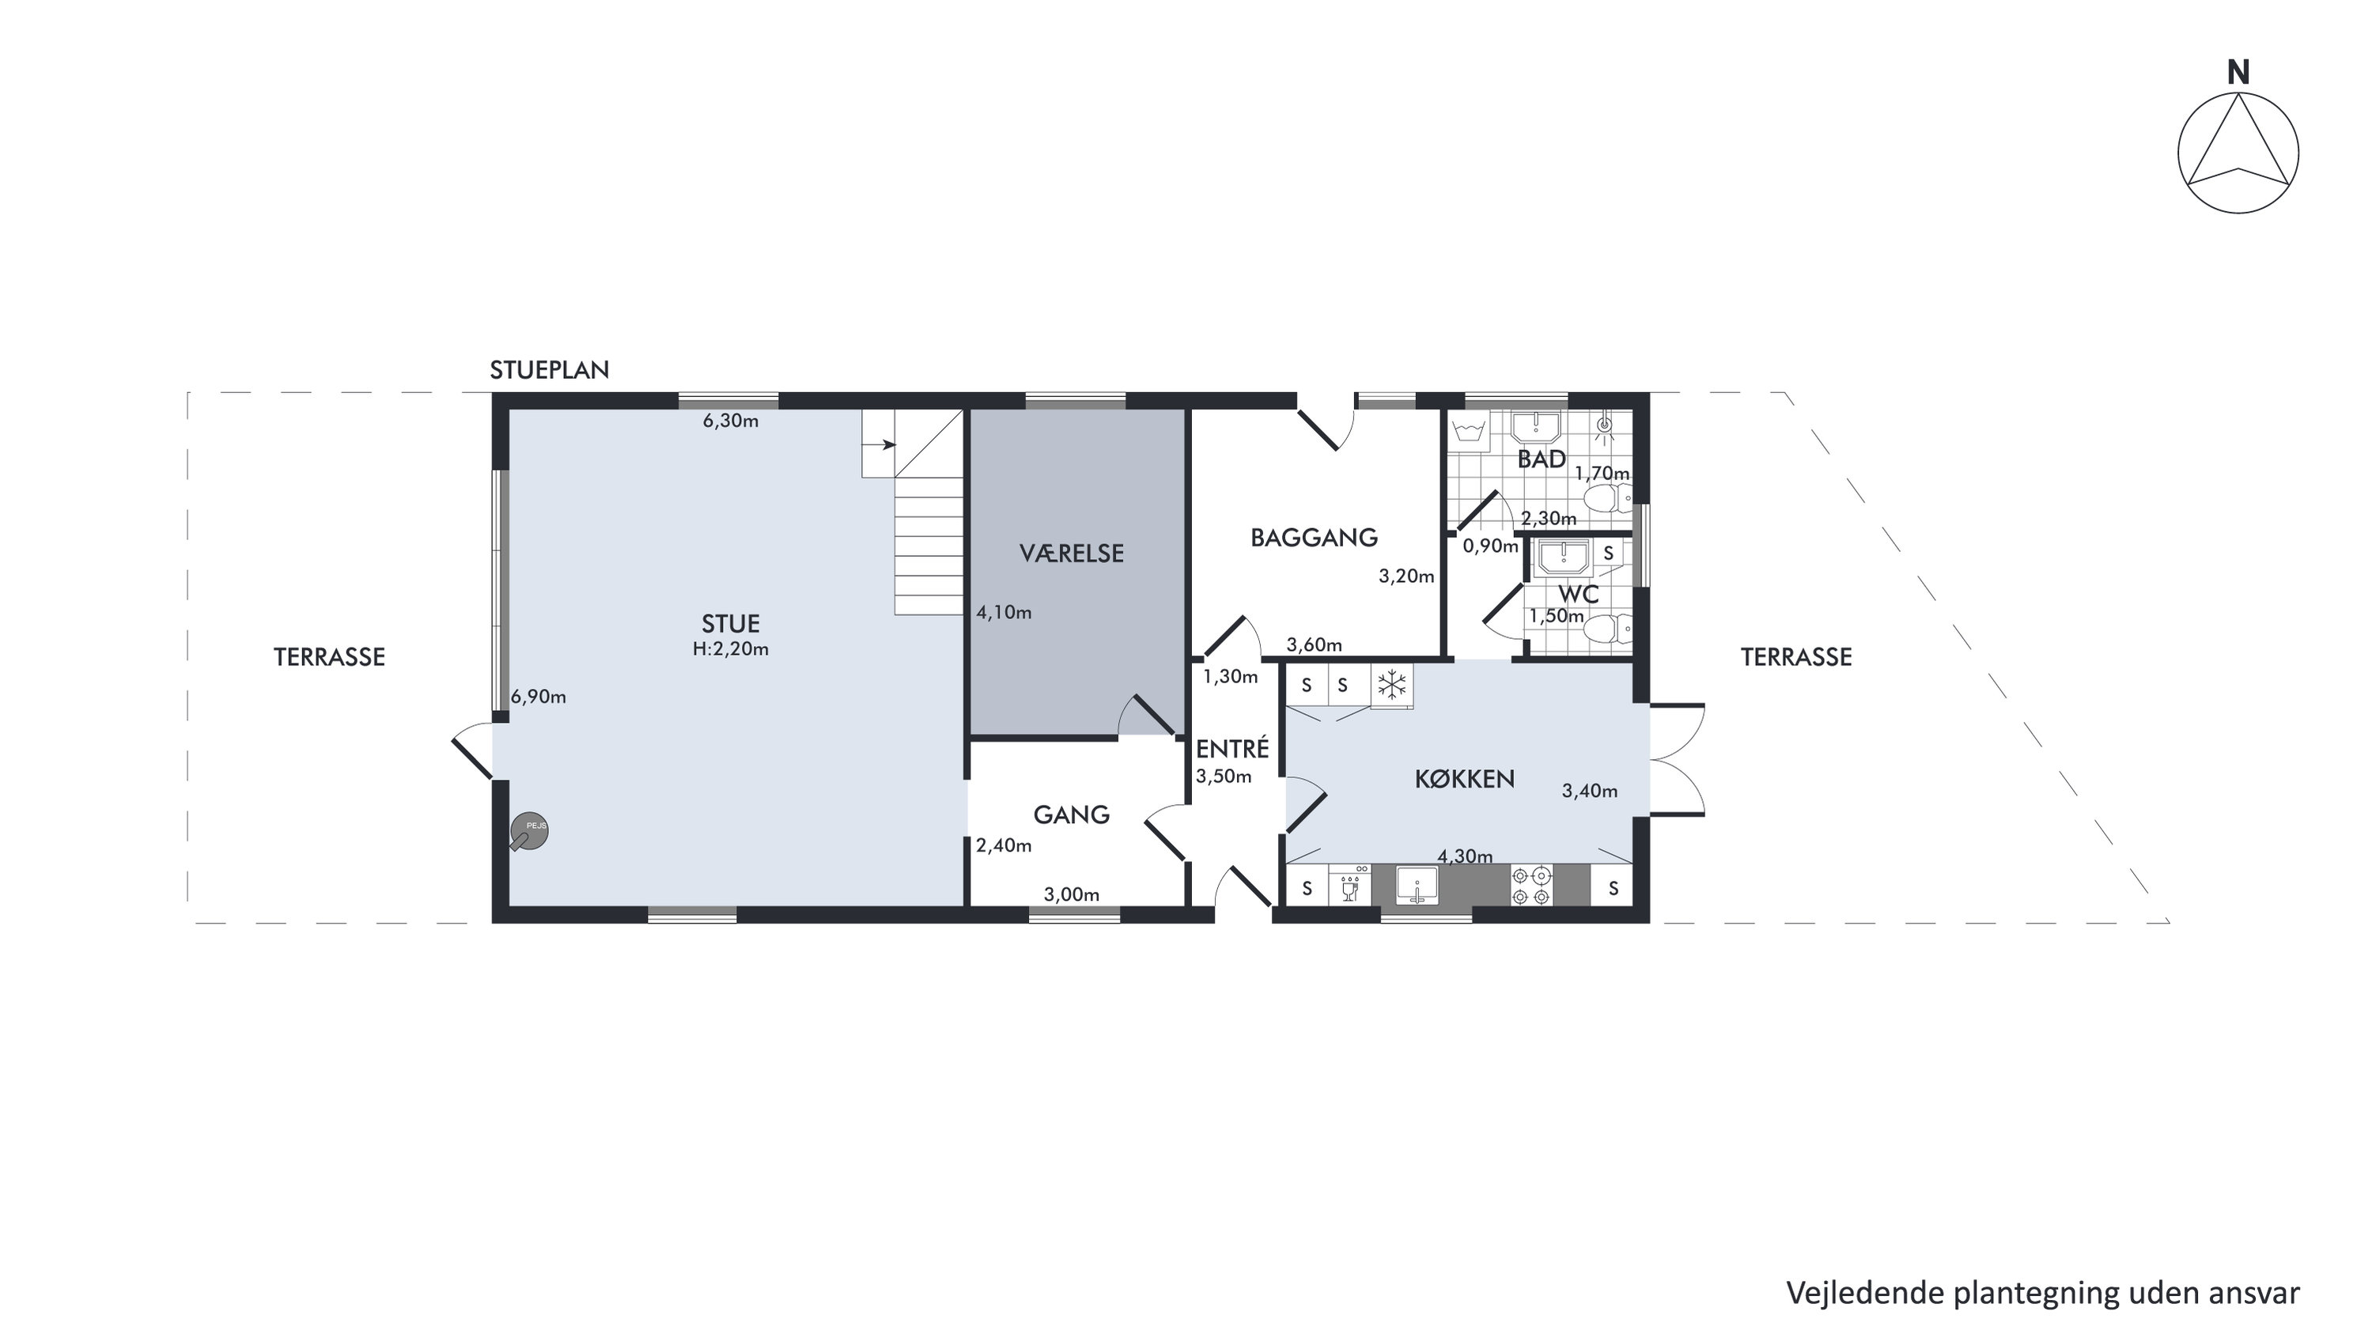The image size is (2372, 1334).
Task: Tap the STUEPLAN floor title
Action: coord(549,370)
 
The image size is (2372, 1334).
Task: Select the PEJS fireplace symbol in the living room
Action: coord(529,831)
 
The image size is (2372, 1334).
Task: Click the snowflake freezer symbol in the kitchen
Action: coord(1391,685)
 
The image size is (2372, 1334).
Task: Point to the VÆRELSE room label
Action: coord(1072,554)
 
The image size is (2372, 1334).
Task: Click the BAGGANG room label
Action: coord(1314,538)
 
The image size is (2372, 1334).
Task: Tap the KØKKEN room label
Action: coord(1464,779)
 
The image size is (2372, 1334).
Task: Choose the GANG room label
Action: coord(1071,814)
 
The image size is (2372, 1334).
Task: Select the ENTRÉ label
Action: coord(1232,749)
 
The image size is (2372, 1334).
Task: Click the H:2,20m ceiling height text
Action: coord(730,649)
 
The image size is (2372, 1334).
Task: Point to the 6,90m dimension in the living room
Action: coord(539,697)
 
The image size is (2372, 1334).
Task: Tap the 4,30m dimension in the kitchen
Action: coord(1465,856)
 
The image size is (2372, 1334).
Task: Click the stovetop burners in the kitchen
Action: coord(1531,886)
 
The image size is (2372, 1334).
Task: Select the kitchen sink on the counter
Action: coord(1417,886)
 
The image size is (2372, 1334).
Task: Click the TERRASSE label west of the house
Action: coord(329,657)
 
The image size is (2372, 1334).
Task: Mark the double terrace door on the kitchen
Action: coord(1677,760)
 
